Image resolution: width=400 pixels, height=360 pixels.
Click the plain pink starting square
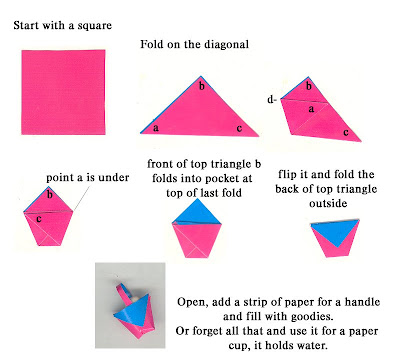[x=63, y=92]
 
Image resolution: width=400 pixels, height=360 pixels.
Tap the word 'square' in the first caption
[x=95, y=26]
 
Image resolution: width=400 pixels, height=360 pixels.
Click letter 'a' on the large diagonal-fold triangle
[x=156, y=128]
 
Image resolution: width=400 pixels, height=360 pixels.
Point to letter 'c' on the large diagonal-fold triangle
[x=239, y=128]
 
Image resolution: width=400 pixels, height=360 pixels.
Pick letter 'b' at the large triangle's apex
[x=202, y=86]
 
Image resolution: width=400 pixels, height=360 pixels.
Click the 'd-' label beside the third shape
[x=272, y=99]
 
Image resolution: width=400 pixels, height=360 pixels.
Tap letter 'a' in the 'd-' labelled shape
[x=311, y=109]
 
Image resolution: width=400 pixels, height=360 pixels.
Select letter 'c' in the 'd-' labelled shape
[x=346, y=133]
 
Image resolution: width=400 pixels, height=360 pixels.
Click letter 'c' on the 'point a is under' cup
[x=39, y=219]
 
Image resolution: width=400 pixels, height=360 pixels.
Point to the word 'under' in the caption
[x=115, y=177]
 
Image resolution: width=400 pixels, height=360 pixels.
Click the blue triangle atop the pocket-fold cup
[x=196, y=213]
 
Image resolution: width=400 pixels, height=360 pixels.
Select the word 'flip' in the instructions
[x=287, y=174]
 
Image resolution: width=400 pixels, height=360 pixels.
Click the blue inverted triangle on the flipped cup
[x=335, y=231]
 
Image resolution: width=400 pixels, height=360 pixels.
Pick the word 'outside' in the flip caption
[x=328, y=203]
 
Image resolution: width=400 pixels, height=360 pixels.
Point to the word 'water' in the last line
[x=310, y=345]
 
